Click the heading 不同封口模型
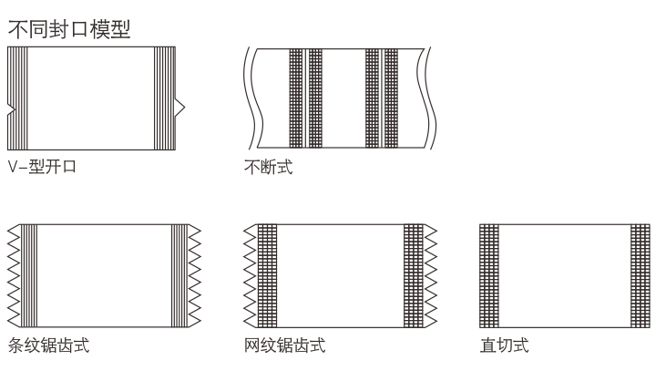[x=68, y=28]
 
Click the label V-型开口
[x=41, y=168]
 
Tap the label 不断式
[x=269, y=168]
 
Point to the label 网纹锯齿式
[x=284, y=345]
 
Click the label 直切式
[x=504, y=345]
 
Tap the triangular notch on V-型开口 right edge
[x=179, y=108]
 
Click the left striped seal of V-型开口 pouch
[x=18, y=98]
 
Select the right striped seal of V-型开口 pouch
[x=163, y=98]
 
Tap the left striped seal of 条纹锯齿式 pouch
[x=30, y=274]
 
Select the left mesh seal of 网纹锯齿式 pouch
[x=267, y=274]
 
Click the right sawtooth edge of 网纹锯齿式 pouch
[x=430, y=274]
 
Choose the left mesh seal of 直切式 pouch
[x=489, y=274]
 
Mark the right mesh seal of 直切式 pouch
[x=640, y=274]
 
